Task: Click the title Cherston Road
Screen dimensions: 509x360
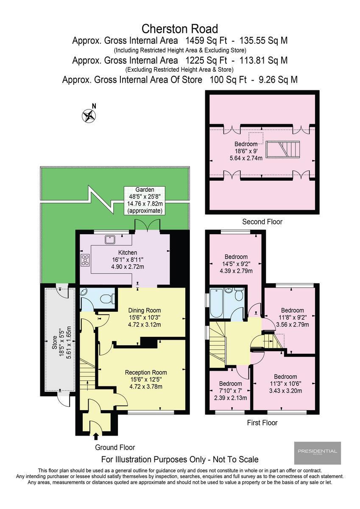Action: [180, 29]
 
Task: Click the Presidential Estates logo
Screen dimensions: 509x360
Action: [317, 453]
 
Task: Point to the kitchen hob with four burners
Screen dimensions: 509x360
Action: [84, 260]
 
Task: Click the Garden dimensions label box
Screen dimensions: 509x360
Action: [144, 201]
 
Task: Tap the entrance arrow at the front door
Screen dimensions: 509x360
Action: [95, 436]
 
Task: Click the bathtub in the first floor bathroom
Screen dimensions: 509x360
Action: [216, 303]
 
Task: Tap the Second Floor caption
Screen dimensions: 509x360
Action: [262, 221]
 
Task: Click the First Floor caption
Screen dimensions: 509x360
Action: [262, 422]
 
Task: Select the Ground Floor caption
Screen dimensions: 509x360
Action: [114, 447]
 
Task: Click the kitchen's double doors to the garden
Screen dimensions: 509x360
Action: [147, 225]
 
